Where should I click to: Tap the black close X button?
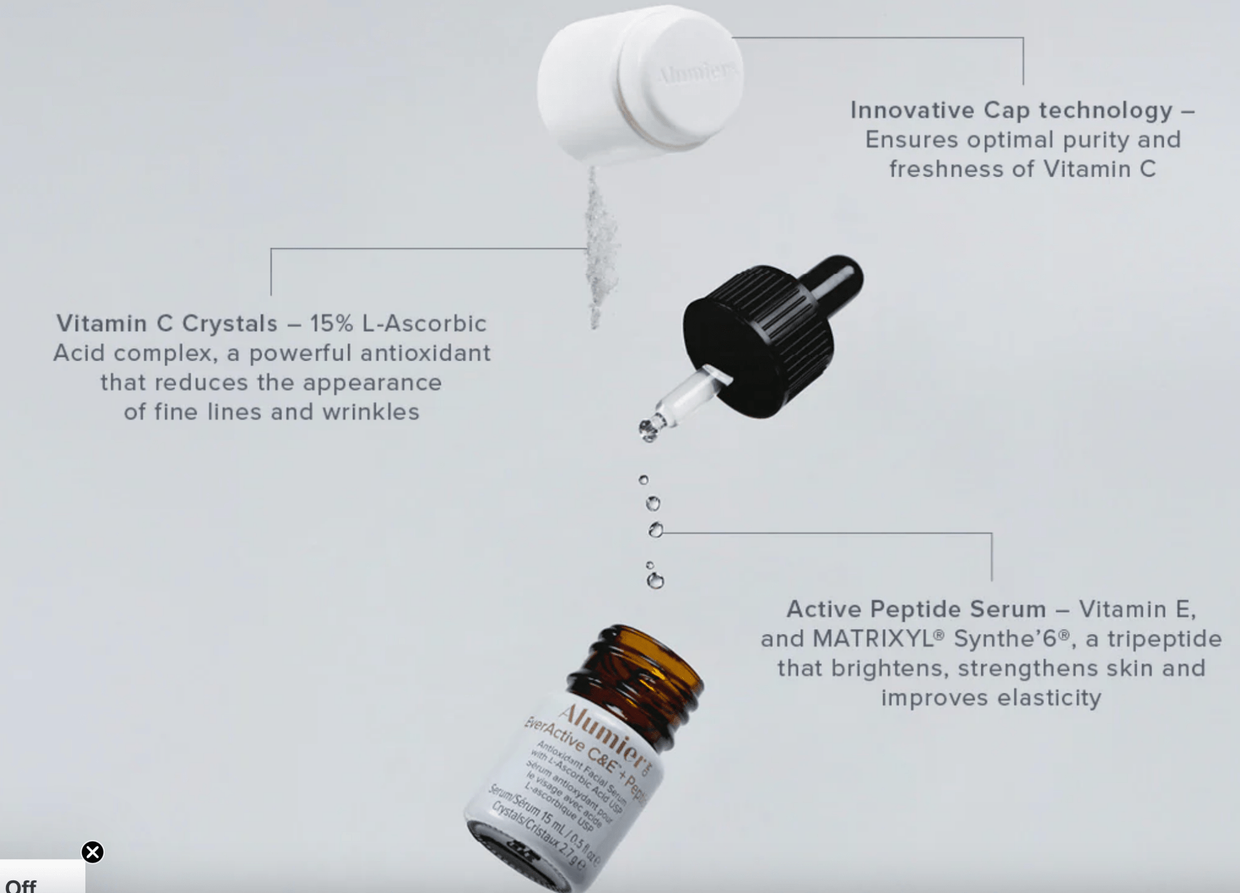click(x=92, y=852)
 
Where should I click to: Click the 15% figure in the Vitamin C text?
click(x=331, y=324)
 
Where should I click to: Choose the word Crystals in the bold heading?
click(x=230, y=324)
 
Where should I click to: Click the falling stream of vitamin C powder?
click(x=599, y=248)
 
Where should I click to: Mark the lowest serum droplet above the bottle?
click(x=655, y=581)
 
